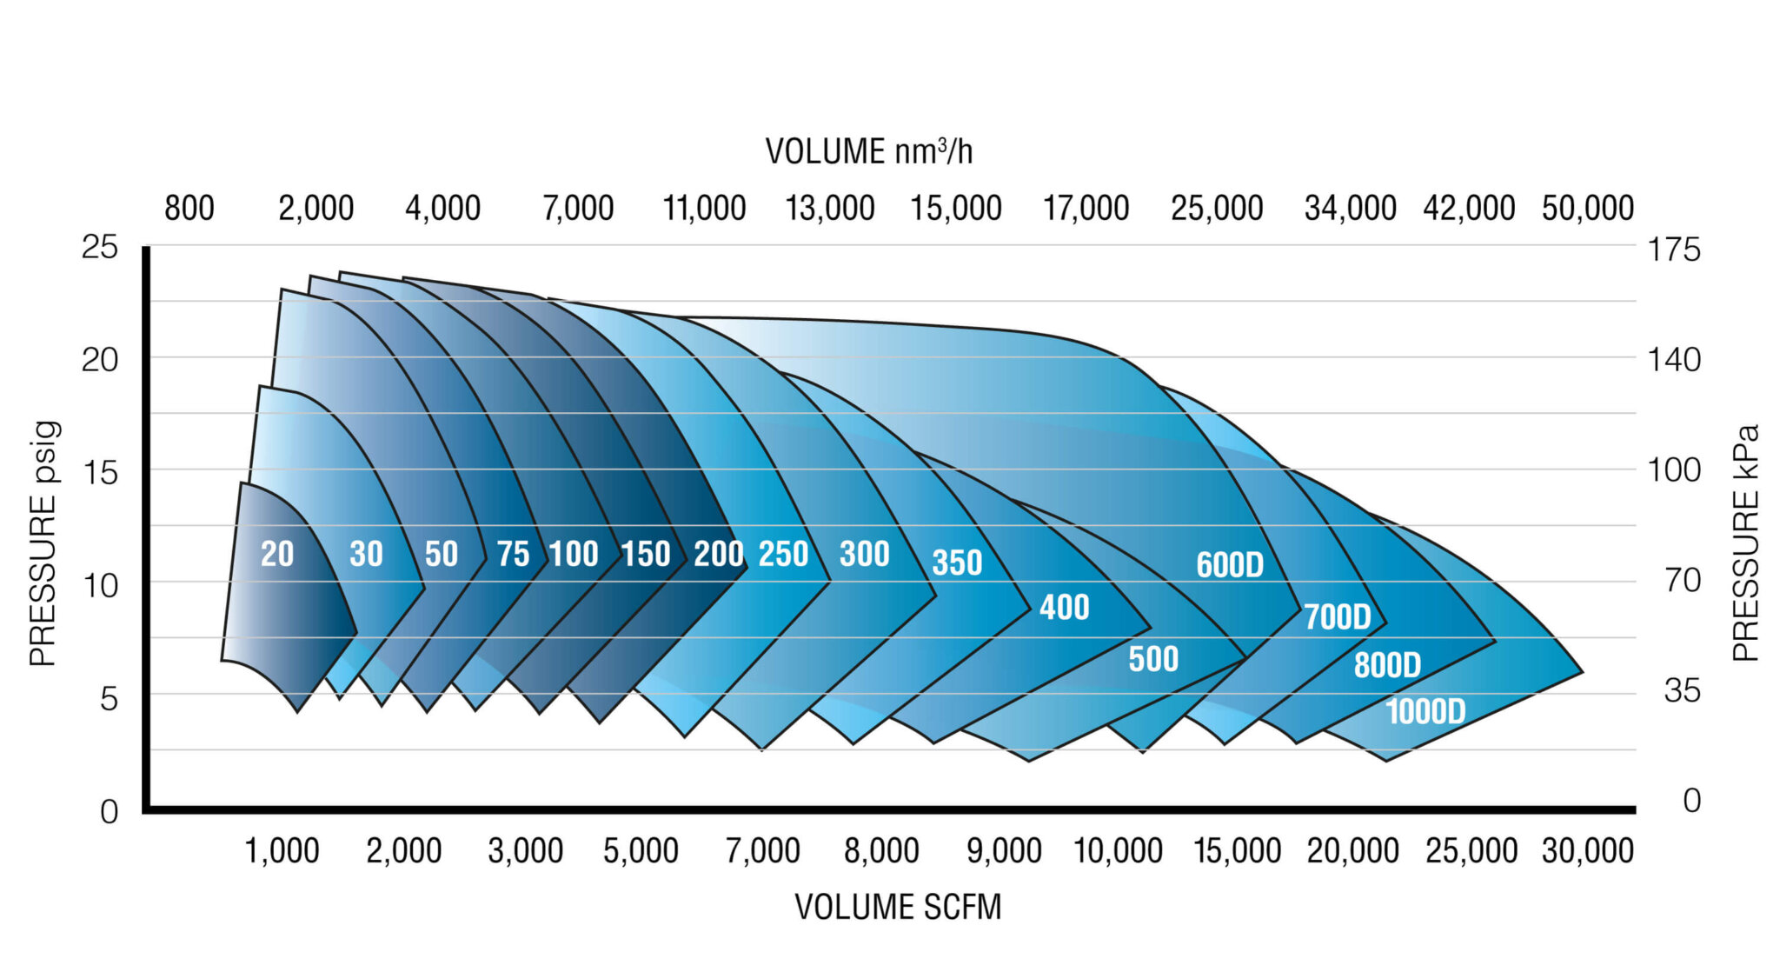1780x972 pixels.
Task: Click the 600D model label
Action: click(1229, 565)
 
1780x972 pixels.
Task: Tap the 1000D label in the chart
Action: click(1425, 712)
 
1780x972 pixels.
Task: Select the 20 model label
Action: click(277, 554)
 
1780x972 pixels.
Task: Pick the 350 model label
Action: click(957, 563)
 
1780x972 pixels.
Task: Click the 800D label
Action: click(1386, 665)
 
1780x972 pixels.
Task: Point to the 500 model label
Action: click(1153, 659)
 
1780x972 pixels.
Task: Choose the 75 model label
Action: click(513, 554)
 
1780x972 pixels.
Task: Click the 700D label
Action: click(1337, 617)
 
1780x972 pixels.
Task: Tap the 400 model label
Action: click(1064, 607)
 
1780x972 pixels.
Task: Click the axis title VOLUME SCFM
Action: click(898, 907)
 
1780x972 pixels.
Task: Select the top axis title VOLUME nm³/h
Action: click(868, 151)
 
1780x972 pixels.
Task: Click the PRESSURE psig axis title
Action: click(43, 543)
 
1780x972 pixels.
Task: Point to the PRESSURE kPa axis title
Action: click(1745, 543)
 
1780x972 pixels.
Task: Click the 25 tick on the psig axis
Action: click(99, 248)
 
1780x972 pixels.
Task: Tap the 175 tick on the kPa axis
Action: click(1673, 250)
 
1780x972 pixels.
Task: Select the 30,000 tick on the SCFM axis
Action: click(1587, 850)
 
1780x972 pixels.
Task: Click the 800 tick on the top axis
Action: click(189, 209)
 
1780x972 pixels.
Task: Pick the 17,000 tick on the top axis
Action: click(1086, 209)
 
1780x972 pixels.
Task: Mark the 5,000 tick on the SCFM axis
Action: click(641, 850)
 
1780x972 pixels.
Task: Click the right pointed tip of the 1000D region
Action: click(1581, 672)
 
